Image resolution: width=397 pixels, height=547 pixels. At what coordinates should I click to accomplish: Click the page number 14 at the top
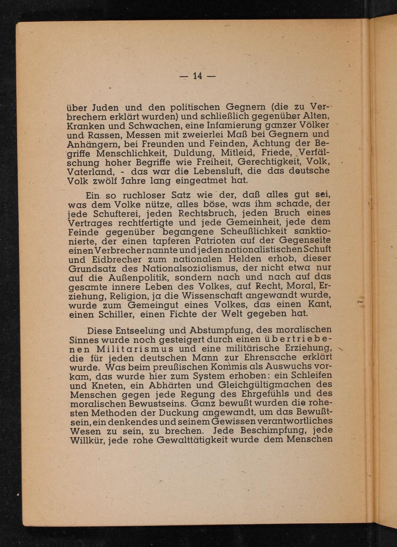coord(198,76)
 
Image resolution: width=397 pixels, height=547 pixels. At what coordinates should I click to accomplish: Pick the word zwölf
coord(108,181)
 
